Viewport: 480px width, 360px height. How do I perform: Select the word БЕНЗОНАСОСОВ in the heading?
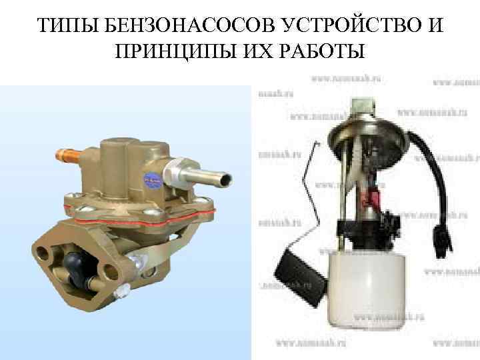[171, 27]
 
